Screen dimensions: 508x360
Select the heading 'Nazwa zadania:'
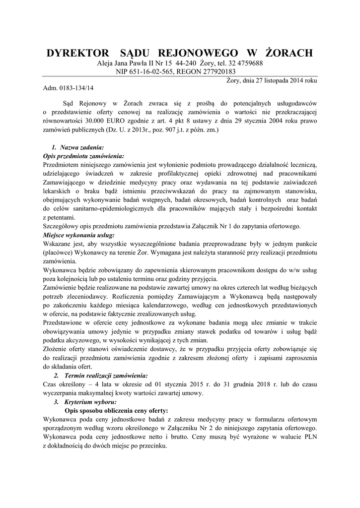pyautogui.click(x=81, y=147)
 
